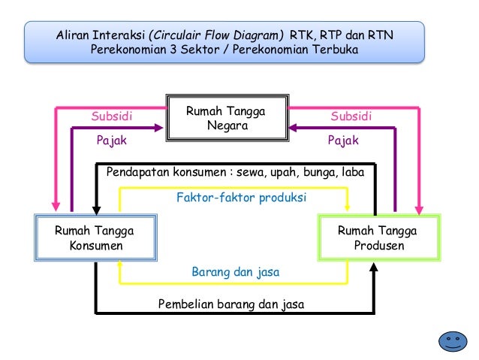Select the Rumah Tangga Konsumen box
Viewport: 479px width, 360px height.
(x=91, y=238)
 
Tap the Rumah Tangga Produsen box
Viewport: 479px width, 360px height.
(x=377, y=238)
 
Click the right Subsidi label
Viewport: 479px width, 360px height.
(x=351, y=116)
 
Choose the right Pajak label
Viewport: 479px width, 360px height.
(x=344, y=141)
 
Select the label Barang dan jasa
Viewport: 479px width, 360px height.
(x=235, y=272)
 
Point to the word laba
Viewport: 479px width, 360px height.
(x=351, y=172)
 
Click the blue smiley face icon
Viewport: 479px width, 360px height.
(x=451, y=340)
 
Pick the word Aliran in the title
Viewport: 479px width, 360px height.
(x=74, y=35)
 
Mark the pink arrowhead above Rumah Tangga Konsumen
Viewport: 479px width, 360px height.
(x=56, y=204)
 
